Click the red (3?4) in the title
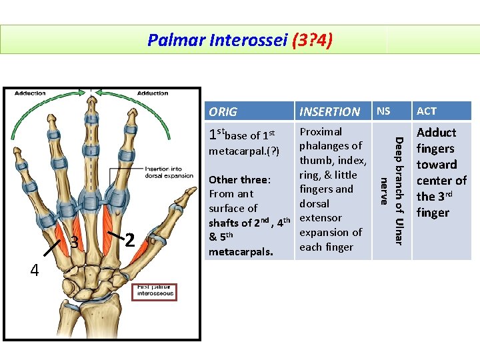coord(312,41)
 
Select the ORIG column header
coord(223,111)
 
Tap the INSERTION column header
coord(330,111)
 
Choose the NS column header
coord(384,111)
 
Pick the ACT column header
coord(427,111)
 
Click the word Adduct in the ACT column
coord(436,133)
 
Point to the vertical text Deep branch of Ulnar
coord(398,190)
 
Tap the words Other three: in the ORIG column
coord(239,180)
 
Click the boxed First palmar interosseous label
coord(154,292)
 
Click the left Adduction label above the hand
coord(31,93)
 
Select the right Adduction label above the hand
coord(153,93)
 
